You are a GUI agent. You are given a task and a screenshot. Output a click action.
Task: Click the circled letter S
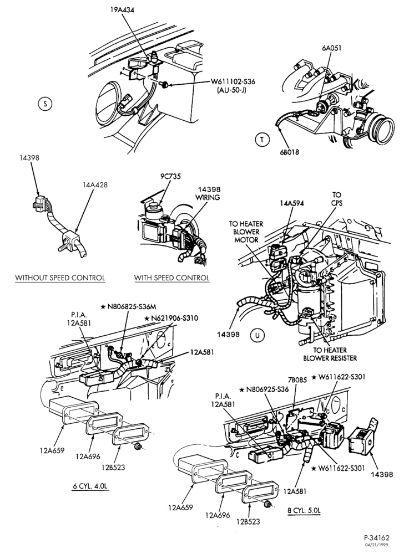(44, 104)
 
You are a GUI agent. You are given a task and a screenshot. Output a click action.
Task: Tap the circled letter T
(262, 140)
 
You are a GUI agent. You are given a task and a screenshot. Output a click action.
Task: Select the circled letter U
(257, 335)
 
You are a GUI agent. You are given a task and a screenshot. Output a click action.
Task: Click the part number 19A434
(122, 10)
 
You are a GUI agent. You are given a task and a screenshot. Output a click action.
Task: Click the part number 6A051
(332, 48)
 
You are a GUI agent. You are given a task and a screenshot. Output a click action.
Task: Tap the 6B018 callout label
(289, 152)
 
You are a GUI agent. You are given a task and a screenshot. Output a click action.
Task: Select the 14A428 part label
(95, 184)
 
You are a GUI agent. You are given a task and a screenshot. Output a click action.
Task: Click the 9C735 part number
(170, 176)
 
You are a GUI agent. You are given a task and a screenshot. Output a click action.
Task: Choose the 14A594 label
(291, 203)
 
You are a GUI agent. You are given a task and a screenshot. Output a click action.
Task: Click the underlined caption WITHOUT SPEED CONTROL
(60, 278)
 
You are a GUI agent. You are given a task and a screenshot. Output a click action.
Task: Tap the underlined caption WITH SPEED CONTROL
(171, 278)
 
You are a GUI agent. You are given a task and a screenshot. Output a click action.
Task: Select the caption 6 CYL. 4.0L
(90, 486)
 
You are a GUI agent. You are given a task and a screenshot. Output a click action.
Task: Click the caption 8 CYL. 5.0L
(304, 510)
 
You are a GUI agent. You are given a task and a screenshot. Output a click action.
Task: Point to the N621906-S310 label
(171, 318)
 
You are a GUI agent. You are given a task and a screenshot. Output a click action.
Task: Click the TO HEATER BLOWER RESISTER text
(330, 354)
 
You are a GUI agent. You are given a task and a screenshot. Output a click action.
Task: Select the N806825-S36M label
(128, 306)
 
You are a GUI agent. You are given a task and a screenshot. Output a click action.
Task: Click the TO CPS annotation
(337, 199)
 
